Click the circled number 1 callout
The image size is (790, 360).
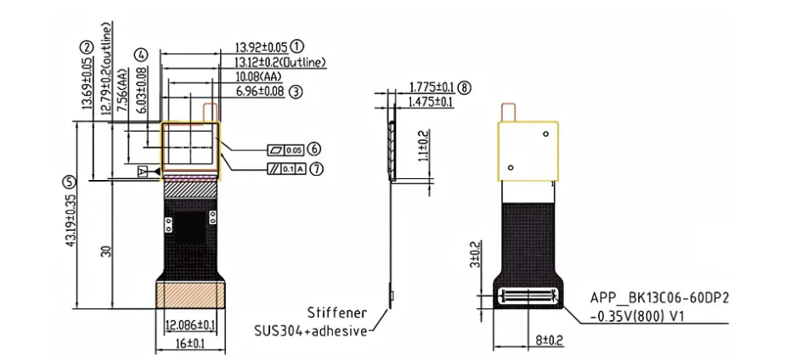(297, 47)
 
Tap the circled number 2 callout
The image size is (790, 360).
(87, 48)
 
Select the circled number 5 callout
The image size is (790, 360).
(68, 182)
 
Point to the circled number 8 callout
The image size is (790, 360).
(465, 87)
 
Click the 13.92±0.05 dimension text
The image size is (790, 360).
(262, 48)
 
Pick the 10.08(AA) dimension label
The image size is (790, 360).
(258, 76)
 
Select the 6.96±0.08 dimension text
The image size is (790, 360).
(260, 91)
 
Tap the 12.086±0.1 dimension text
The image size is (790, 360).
(190, 325)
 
